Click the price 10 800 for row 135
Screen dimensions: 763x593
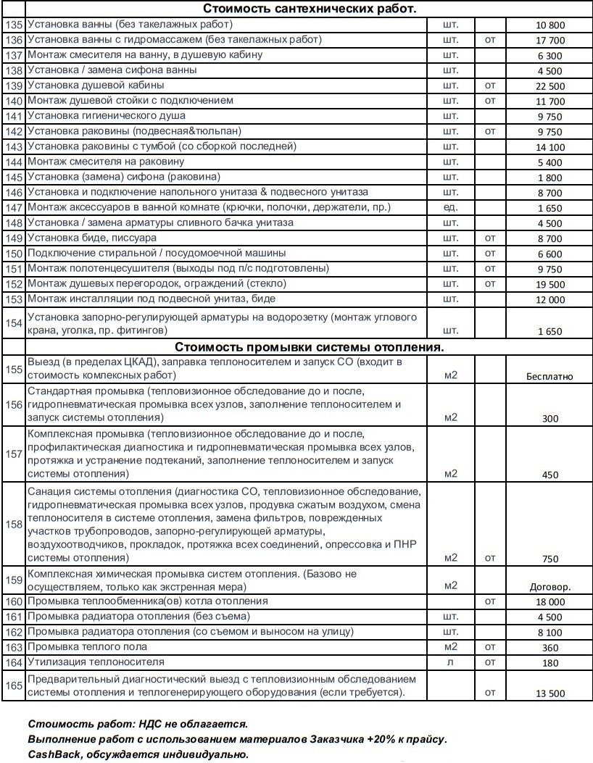(550, 25)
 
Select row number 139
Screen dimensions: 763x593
(14, 85)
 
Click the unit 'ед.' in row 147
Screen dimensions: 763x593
(450, 207)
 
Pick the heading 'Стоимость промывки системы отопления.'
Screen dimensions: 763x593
(310, 347)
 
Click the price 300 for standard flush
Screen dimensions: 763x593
(550, 419)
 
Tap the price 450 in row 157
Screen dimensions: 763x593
(550, 475)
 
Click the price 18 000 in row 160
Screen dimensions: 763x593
(550, 602)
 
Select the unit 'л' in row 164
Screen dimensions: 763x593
(450, 662)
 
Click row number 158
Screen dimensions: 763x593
(14, 524)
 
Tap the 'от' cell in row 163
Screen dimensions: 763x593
(490, 647)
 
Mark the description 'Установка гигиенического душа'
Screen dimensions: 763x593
(106, 115)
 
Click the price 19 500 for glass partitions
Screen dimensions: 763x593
(550, 285)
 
